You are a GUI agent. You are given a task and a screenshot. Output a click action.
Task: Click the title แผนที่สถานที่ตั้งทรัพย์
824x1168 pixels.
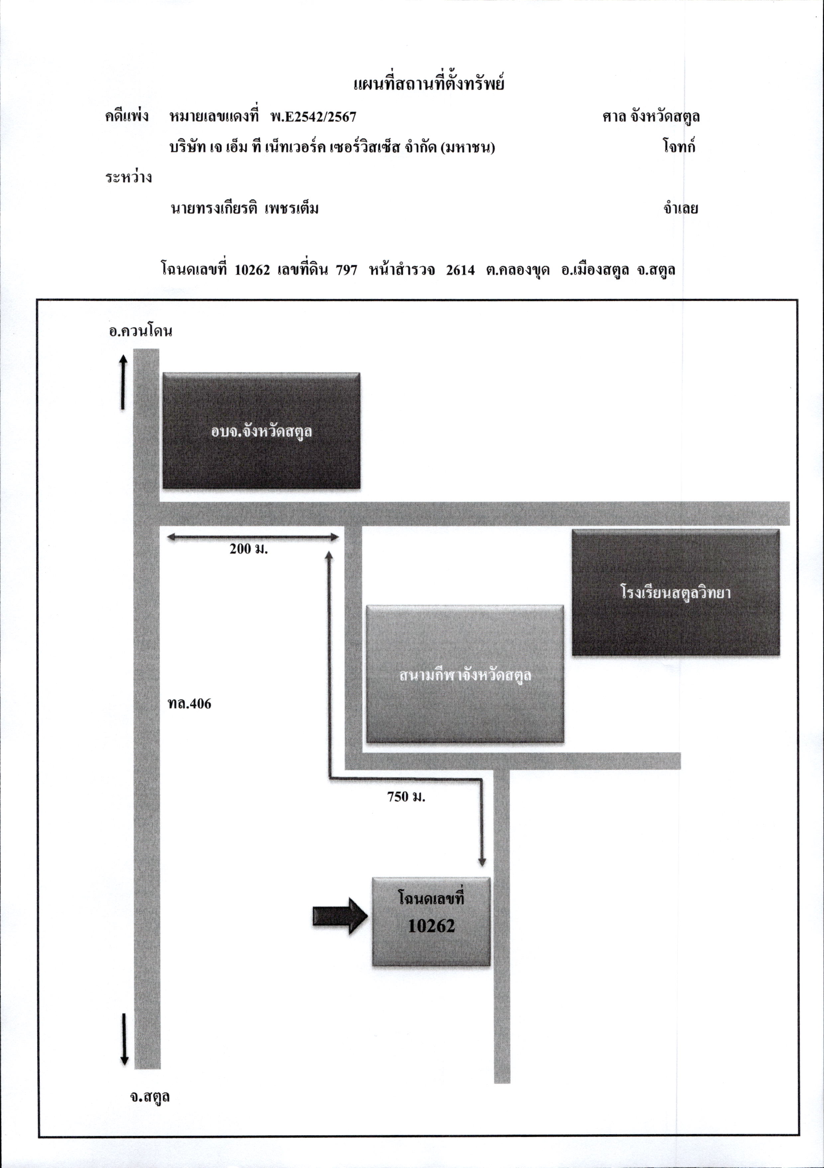[429, 83]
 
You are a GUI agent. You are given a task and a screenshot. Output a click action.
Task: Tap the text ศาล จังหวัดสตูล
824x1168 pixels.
[651, 117]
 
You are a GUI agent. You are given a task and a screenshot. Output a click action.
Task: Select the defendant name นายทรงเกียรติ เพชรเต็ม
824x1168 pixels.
[245, 208]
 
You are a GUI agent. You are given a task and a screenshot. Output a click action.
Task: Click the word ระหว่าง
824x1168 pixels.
[129, 177]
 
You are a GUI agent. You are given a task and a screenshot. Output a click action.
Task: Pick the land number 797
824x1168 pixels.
[347, 270]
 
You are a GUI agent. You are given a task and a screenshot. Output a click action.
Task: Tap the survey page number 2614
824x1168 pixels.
[461, 270]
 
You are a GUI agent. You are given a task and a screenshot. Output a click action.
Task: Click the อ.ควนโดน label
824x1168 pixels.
[141, 331]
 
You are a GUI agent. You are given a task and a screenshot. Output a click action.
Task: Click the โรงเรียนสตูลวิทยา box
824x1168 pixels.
[676, 592]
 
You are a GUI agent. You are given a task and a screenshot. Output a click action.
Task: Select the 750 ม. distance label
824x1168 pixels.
[406, 797]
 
